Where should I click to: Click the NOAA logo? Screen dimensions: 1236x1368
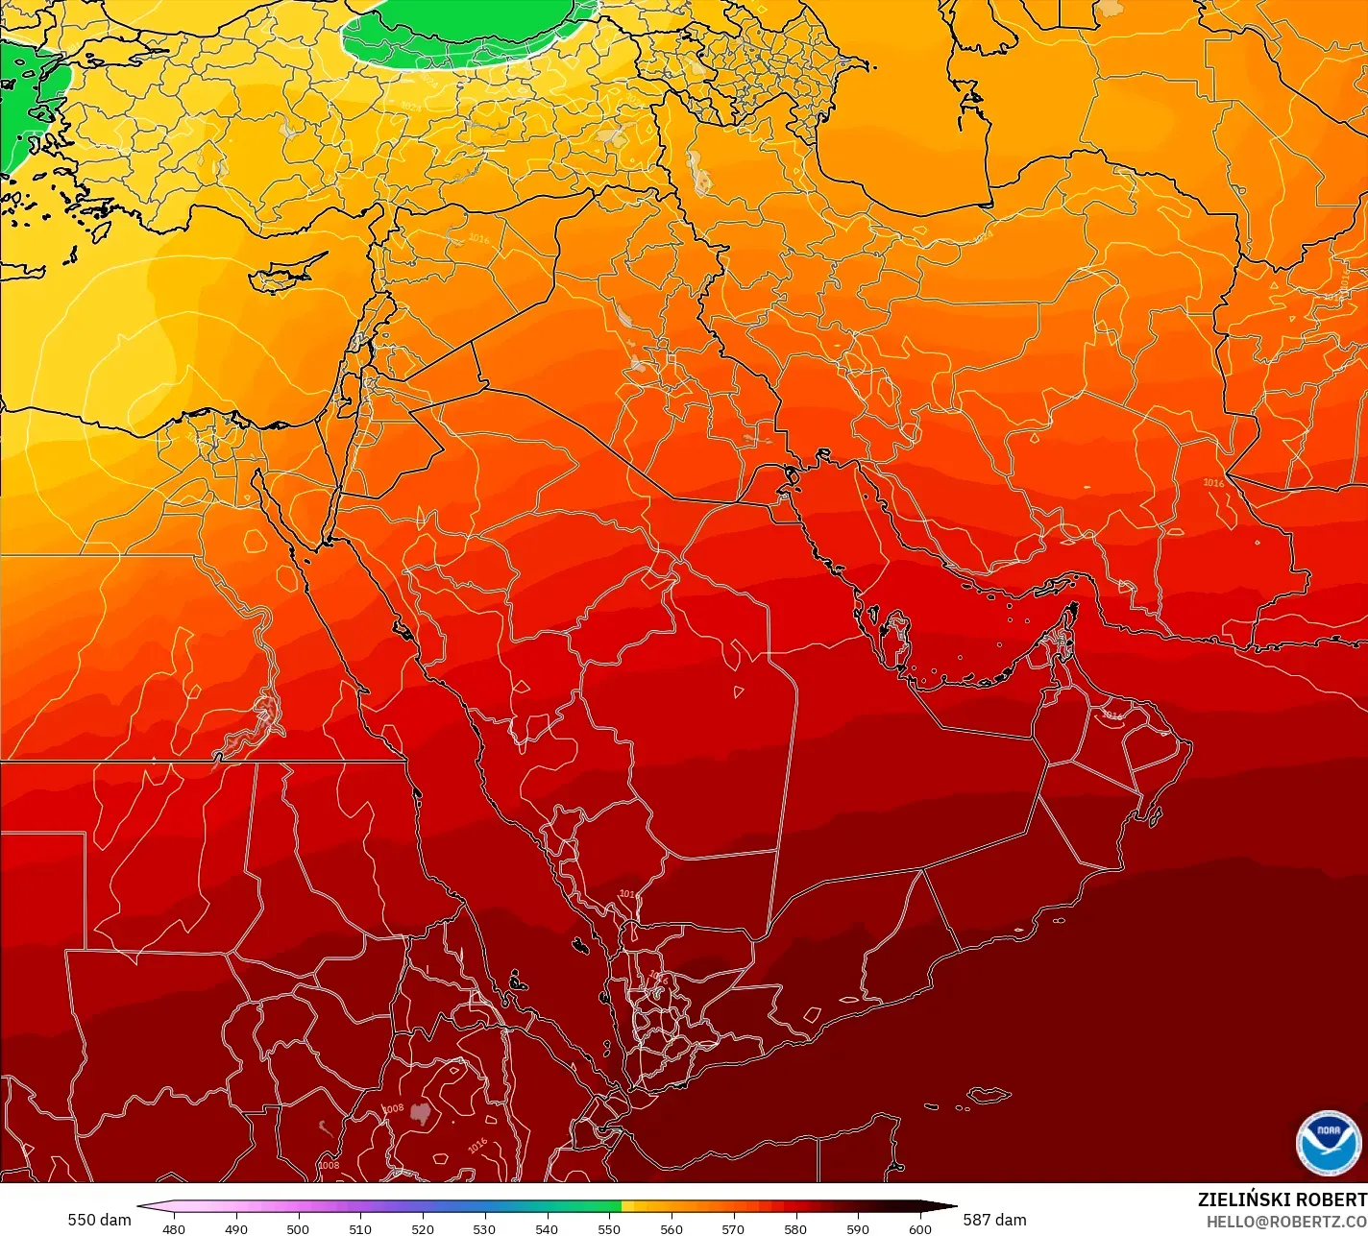(x=1328, y=1142)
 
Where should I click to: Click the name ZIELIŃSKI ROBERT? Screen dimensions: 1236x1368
(x=1282, y=1200)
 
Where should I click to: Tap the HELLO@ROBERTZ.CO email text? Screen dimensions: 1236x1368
(x=1286, y=1221)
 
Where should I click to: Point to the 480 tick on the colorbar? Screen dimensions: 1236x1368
(x=174, y=1228)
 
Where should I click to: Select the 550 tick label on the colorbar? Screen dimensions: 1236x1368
(x=609, y=1228)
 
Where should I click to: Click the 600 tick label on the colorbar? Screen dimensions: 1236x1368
(x=920, y=1228)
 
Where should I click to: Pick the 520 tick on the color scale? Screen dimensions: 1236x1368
(x=423, y=1228)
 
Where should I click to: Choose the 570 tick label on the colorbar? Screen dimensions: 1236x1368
(x=733, y=1228)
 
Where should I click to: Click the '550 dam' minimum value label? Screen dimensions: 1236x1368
(x=99, y=1220)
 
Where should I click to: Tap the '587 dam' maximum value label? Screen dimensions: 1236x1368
(x=994, y=1220)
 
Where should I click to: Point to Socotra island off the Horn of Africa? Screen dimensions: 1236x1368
(x=988, y=1096)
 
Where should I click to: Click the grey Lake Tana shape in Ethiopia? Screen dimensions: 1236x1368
(x=420, y=1113)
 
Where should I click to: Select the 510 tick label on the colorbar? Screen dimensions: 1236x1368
(x=360, y=1228)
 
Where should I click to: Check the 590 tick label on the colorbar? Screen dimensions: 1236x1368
(x=858, y=1228)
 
